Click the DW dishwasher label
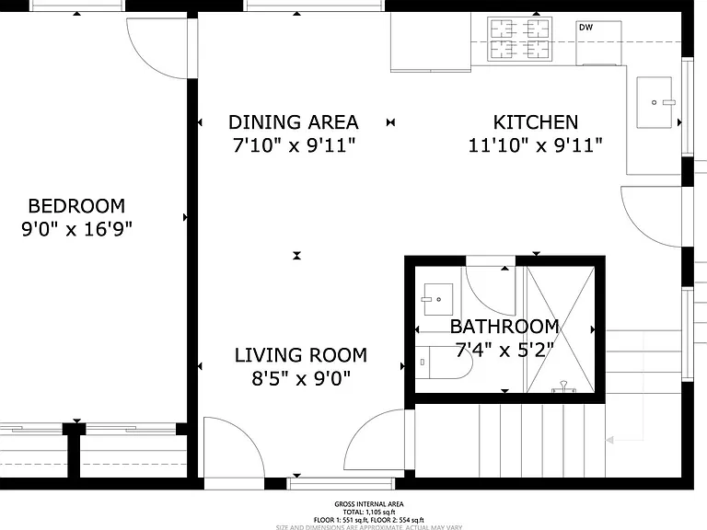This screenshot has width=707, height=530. [x=585, y=28]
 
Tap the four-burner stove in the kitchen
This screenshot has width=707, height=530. [x=520, y=39]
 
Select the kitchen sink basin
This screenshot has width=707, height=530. [x=654, y=102]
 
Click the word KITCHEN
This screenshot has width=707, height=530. [x=536, y=122]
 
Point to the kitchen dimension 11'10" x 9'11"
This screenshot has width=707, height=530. [x=536, y=145]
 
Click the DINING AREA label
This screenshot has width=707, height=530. [x=294, y=122]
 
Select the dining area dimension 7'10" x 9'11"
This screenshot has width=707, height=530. [x=294, y=145]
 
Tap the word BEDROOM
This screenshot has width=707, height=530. [x=76, y=206]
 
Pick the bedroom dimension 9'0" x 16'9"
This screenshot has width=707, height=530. [x=76, y=229]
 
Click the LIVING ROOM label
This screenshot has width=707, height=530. [x=301, y=355]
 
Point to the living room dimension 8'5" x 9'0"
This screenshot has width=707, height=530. [x=301, y=378]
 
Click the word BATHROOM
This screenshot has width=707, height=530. [x=504, y=327]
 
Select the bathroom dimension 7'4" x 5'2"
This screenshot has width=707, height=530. [x=504, y=351]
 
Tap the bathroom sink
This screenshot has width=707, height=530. [x=438, y=299]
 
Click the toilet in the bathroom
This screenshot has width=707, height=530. [x=444, y=363]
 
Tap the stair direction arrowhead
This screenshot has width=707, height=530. [x=609, y=440]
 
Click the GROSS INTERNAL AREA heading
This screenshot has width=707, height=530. [x=369, y=504]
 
